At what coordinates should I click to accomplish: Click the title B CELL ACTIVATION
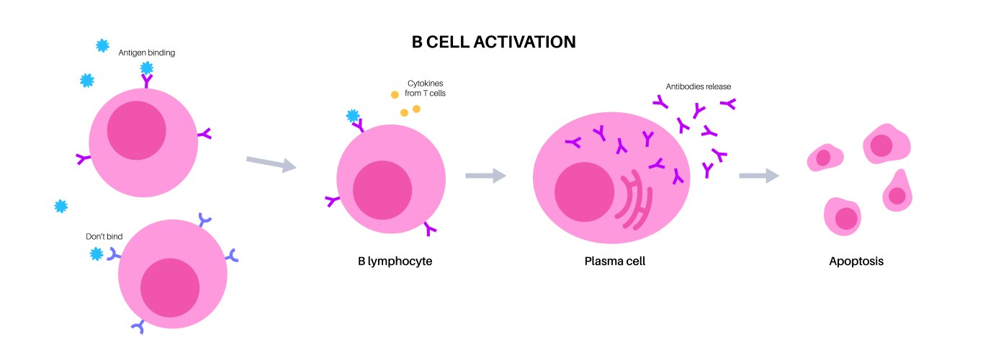pos(493,41)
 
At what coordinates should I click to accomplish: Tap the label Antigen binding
pos(147,53)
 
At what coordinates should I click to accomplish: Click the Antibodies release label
pos(699,86)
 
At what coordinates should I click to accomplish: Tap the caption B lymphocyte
pos(395,261)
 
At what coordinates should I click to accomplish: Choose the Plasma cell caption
pos(614,261)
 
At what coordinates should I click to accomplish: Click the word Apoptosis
pos(856,261)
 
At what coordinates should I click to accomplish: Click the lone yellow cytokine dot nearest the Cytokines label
pos(395,94)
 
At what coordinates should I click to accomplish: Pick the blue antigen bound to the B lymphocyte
pos(353,116)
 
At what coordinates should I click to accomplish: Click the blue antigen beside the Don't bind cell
pos(96,253)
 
